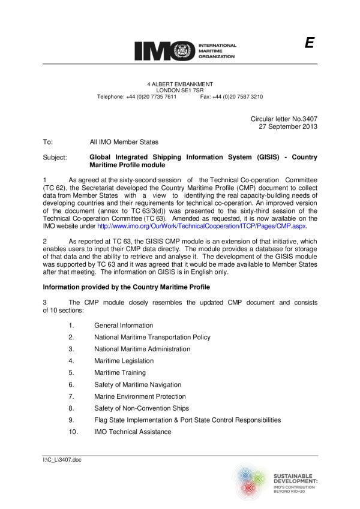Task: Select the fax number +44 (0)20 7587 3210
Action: [x=231, y=97]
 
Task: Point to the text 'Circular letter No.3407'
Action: [x=283, y=119]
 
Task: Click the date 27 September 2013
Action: [x=287, y=127]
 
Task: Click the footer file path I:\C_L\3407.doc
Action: [x=58, y=460]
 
